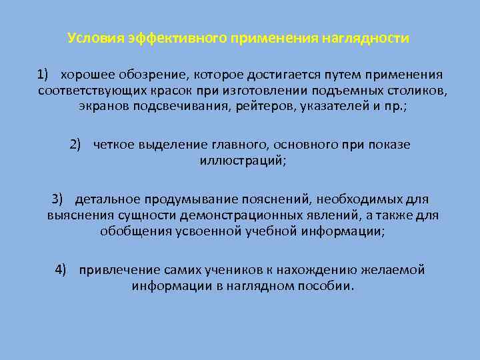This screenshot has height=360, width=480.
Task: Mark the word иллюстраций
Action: (241, 161)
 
